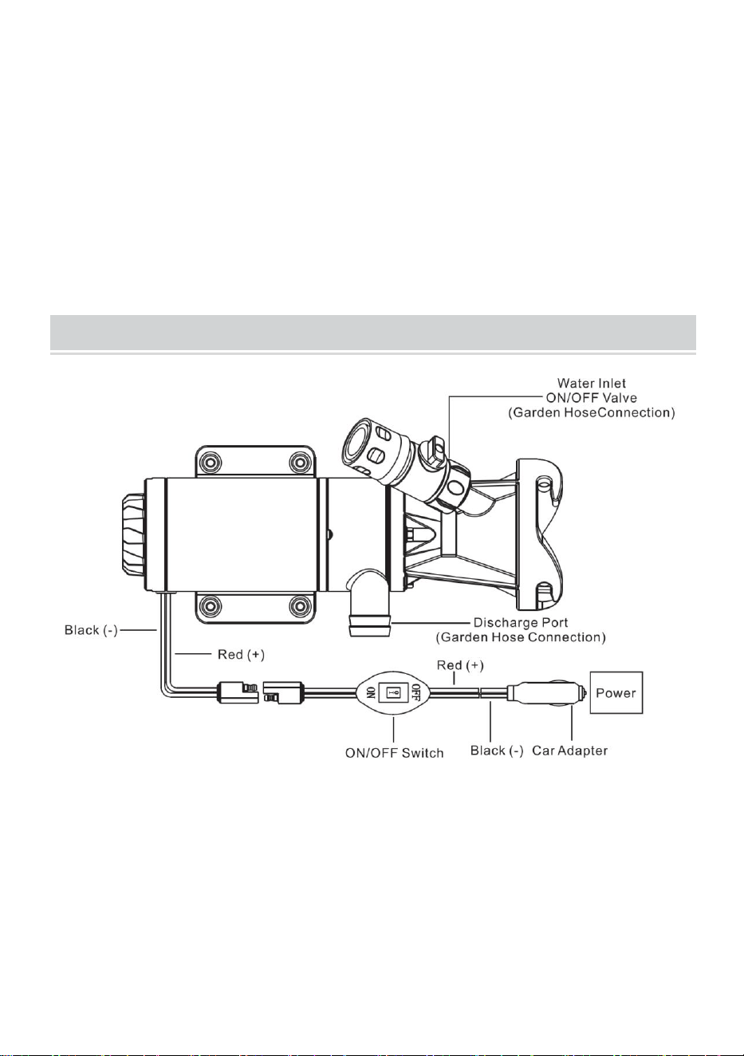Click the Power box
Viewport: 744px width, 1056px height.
pyautogui.click(x=616, y=692)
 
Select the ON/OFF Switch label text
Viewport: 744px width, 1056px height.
pyautogui.click(x=394, y=753)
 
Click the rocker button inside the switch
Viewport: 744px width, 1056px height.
pyautogui.click(x=394, y=692)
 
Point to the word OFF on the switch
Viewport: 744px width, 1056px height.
pyautogui.click(x=415, y=692)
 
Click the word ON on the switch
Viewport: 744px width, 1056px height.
pyautogui.click(x=371, y=692)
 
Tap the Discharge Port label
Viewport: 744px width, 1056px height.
pyautogui.click(x=521, y=623)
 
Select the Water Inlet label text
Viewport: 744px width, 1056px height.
pyautogui.click(x=592, y=384)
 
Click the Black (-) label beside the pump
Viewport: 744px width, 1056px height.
pyautogui.click(x=91, y=630)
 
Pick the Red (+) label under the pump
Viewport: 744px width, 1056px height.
pyautogui.click(x=241, y=654)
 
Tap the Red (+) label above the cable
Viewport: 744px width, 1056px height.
pyautogui.click(x=460, y=665)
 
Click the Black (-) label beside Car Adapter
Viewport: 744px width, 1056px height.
pyautogui.click(x=497, y=751)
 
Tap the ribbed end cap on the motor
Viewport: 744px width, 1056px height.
pyautogui.click(x=133, y=536)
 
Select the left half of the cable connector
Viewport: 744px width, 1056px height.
pyautogui.click(x=238, y=692)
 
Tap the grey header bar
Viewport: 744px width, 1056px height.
pyautogui.click(x=373, y=333)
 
